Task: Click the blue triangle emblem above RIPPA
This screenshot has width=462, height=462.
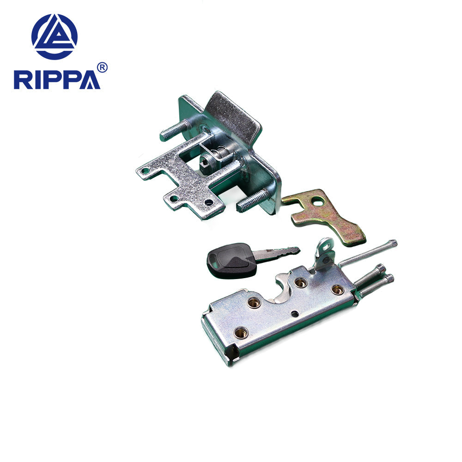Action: (x=55, y=36)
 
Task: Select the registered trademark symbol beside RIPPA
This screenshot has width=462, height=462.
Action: (x=103, y=67)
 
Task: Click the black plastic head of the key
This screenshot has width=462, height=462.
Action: (x=231, y=260)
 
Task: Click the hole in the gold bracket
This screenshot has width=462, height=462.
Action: (x=317, y=201)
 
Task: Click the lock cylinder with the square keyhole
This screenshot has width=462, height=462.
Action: (x=207, y=163)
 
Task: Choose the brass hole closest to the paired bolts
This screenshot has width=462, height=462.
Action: (x=338, y=290)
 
